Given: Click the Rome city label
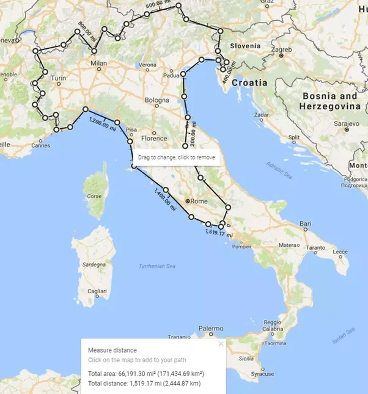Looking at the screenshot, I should tap(200, 201).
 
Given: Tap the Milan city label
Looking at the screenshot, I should tap(98, 63).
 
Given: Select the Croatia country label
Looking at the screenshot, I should tap(249, 82).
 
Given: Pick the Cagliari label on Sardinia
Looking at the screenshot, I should tap(97, 293).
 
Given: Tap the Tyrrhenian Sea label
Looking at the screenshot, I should tap(158, 266).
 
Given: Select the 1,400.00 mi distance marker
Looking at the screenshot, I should tap(164, 200).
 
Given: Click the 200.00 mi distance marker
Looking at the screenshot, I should tap(194, 133).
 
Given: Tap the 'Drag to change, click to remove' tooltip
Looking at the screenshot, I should tap(176, 157).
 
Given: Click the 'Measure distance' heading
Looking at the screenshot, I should tap(112, 350).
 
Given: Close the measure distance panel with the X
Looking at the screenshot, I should tap(221, 344).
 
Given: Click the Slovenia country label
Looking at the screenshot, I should tap(245, 46).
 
